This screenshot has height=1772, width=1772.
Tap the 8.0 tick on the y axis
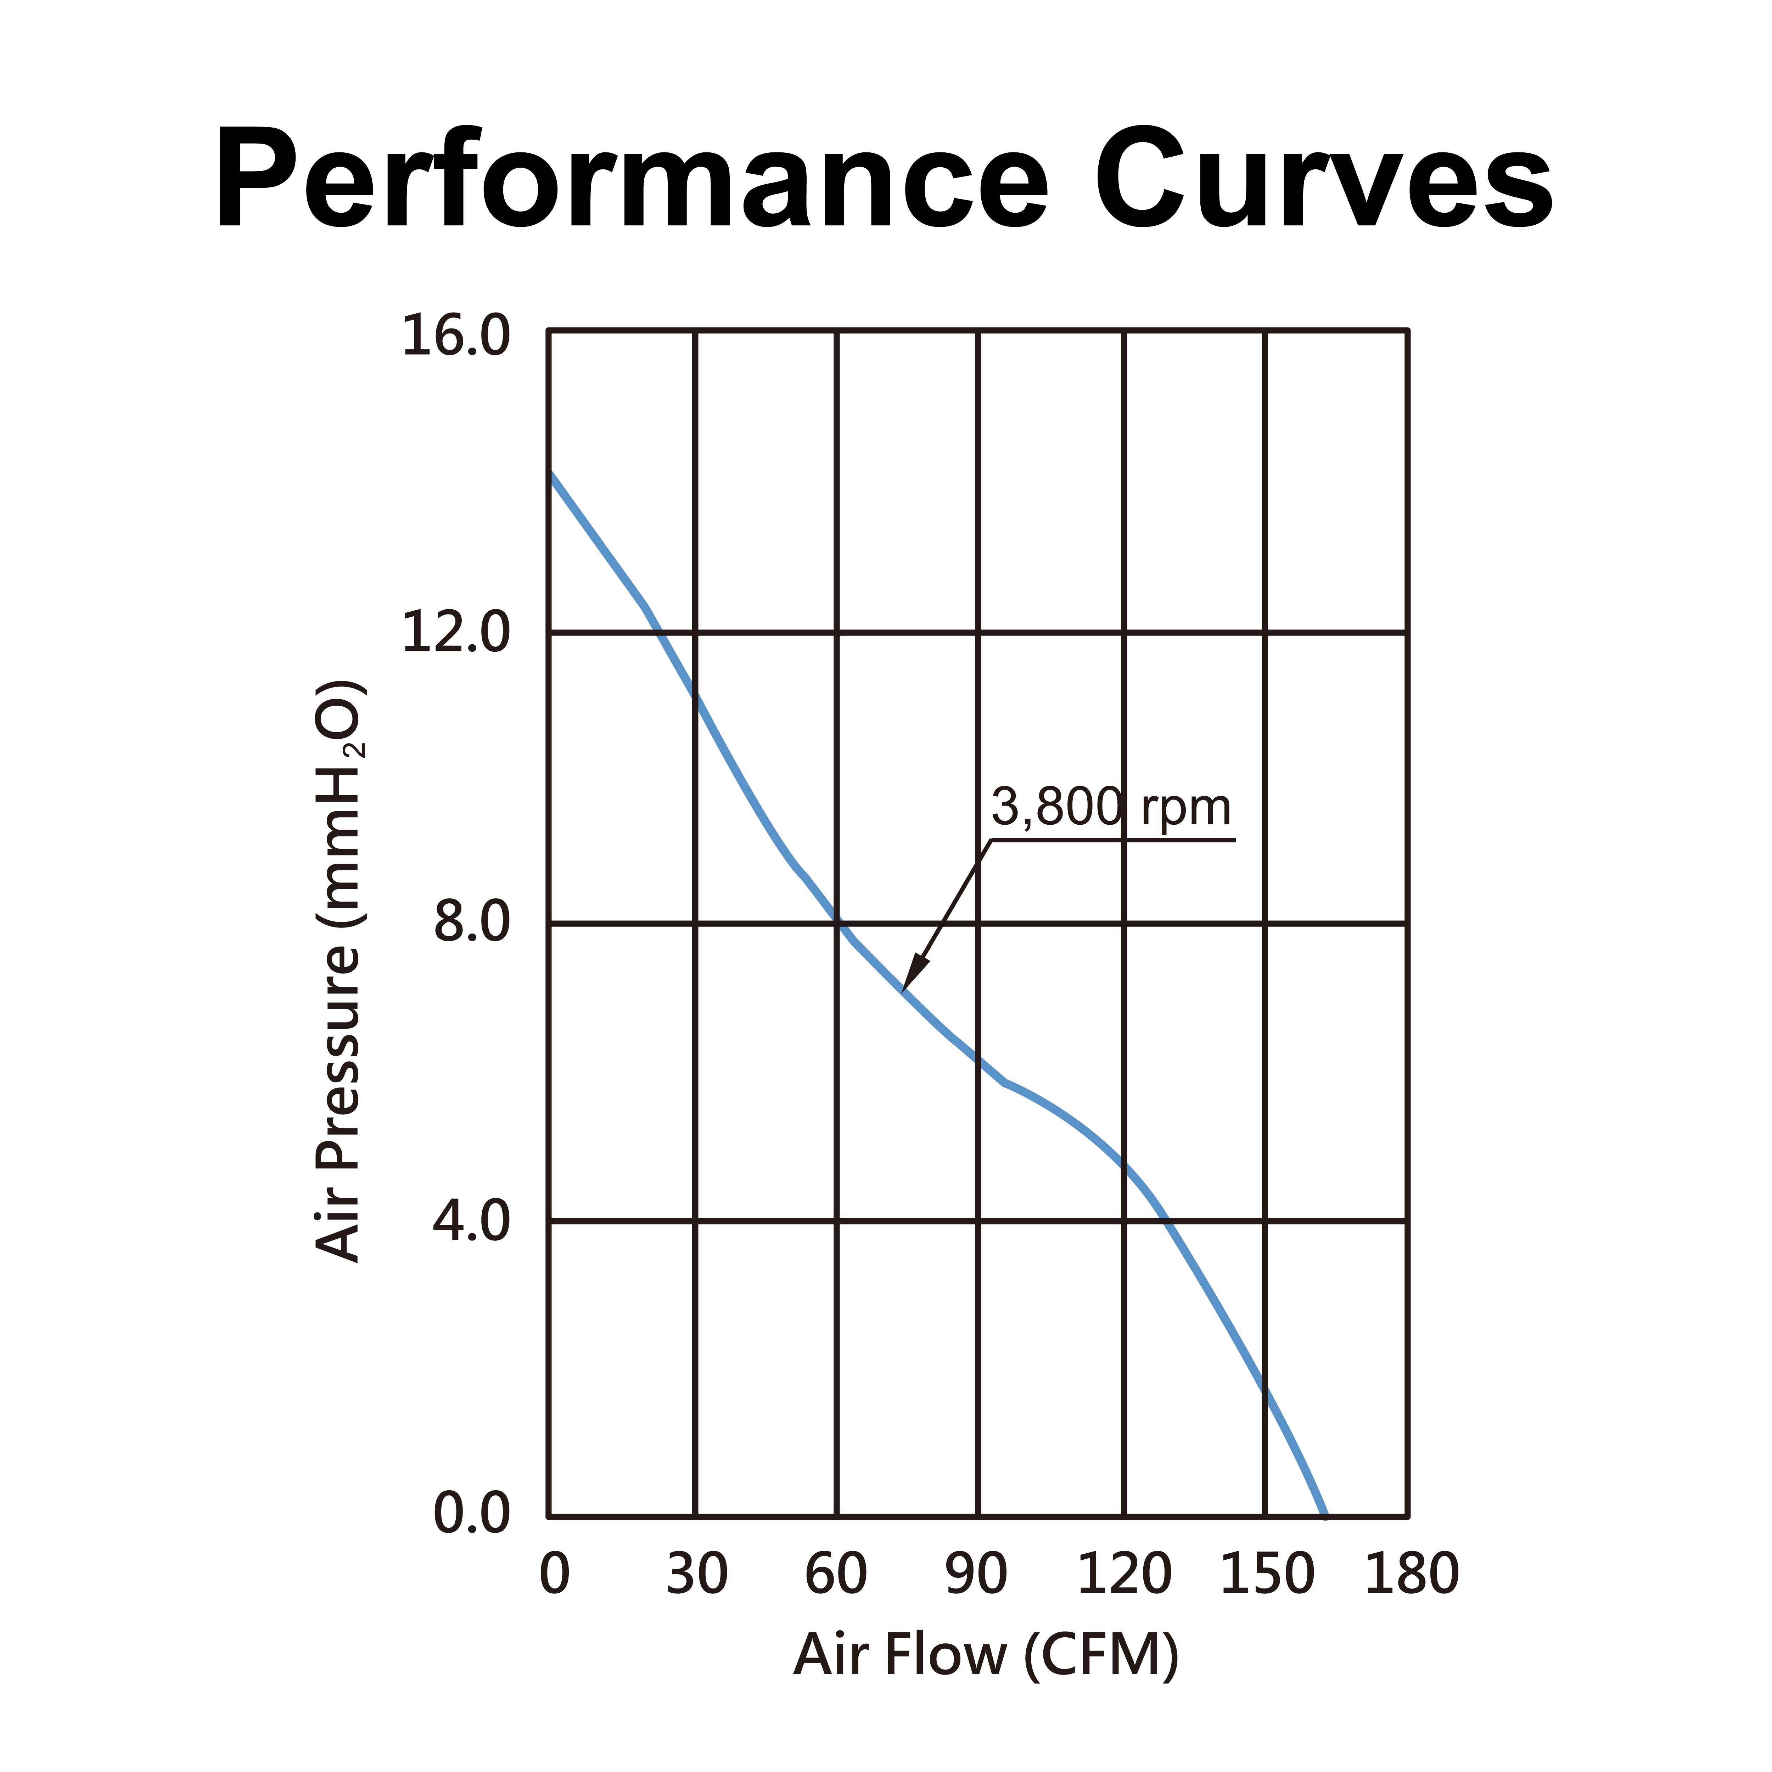click(x=471, y=923)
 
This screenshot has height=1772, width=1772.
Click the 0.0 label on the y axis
click(x=471, y=1514)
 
